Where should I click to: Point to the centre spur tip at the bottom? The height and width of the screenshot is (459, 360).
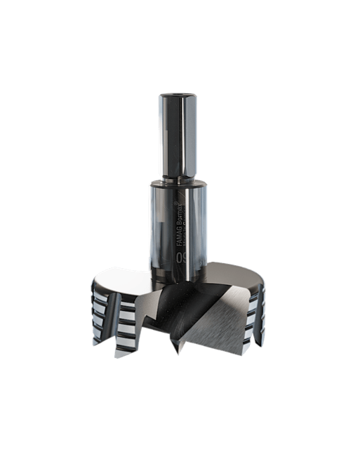176,351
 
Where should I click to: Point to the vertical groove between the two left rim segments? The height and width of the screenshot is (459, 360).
112,316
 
